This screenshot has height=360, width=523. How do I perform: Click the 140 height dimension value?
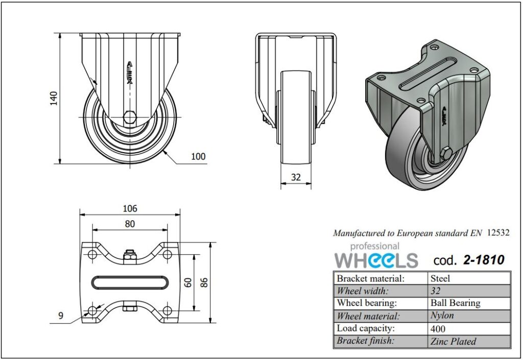(x=53, y=98)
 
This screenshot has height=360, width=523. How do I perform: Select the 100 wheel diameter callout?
(x=198, y=156)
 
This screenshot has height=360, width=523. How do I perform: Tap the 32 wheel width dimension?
(x=296, y=178)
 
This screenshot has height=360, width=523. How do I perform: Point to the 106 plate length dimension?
(x=130, y=208)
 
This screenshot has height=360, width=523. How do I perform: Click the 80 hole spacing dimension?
(x=130, y=224)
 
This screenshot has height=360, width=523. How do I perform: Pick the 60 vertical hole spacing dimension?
(x=188, y=282)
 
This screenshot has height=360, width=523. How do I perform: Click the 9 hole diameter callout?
(x=61, y=316)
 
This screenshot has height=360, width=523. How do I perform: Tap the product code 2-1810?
(x=483, y=260)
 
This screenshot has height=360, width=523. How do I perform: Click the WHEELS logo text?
(x=376, y=260)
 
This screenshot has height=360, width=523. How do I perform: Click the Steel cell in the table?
(x=440, y=278)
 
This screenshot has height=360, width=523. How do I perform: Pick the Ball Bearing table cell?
(x=455, y=303)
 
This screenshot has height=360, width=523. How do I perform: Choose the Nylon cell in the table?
(x=442, y=316)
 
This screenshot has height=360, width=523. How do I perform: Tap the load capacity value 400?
(x=438, y=328)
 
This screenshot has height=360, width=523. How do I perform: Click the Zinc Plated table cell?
(x=453, y=341)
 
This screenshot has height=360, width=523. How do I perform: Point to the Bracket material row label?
(x=370, y=278)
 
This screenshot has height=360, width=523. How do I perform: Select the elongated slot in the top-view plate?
(x=130, y=282)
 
